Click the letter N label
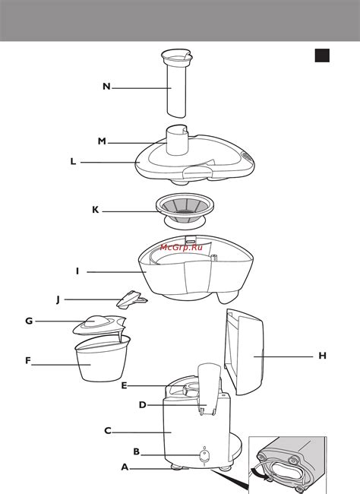[x=107, y=87]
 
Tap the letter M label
[x=102, y=141]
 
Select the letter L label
[x=73, y=162]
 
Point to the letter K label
[x=95, y=210]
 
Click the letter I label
[x=77, y=271]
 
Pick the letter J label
[x=58, y=299]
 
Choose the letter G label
[x=29, y=321]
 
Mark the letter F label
[x=28, y=360]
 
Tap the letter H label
[x=322, y=356]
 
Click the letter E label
[x=124, y=385]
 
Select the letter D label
[x=143, y=405]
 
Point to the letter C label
[x=108, y=431]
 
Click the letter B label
[x=137, y=451]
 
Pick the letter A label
[x=125, y=467]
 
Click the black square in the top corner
[x=322, y=55]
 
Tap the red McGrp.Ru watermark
[x=181, y=247]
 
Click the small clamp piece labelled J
[x=131, y=299]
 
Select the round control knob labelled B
[x=204, y=455]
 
